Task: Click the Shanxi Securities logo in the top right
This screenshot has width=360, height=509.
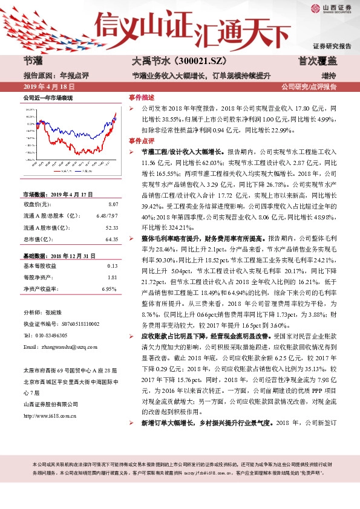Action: point(331,8)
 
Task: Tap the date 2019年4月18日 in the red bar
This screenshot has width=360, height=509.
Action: point(44,86)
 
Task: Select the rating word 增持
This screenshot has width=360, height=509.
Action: point(329,76)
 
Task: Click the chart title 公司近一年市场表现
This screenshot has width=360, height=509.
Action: point(48,97)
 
